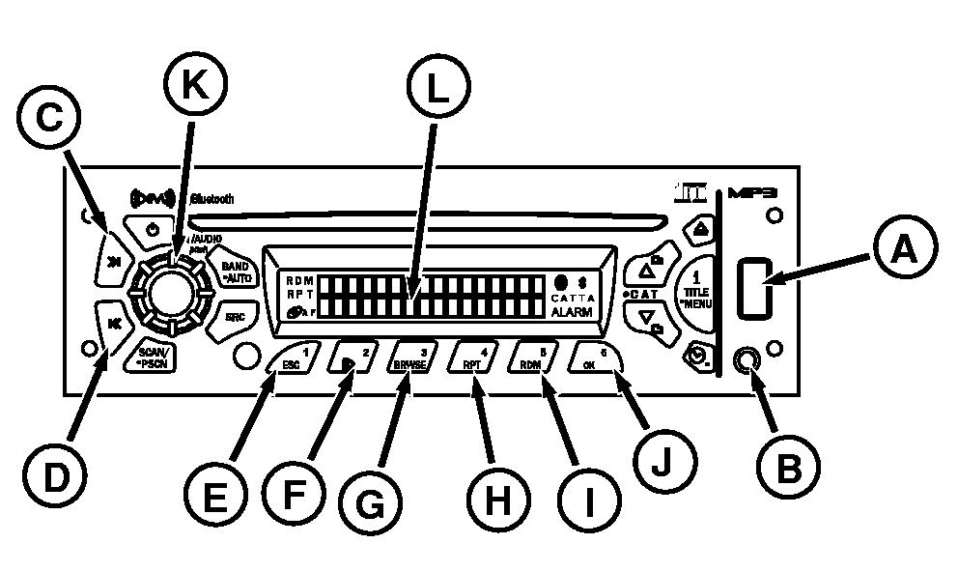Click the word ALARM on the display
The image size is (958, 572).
click(574, 312)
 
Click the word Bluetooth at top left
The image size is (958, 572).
click(212, 199)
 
